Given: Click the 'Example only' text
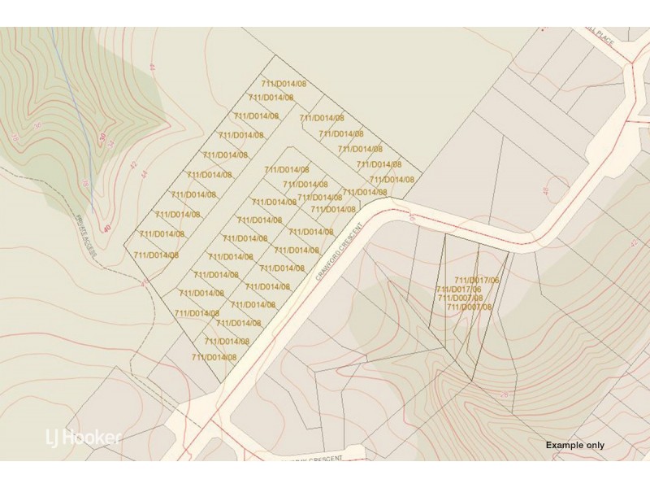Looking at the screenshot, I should click(574, 445).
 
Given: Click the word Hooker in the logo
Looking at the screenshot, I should click(93, 438).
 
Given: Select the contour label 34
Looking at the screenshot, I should click(111, 143).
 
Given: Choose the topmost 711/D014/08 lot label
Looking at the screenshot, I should click(283, 84).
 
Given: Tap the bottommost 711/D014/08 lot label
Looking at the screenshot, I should click(214, 357).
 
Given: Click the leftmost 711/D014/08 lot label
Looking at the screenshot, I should click(155, 255).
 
